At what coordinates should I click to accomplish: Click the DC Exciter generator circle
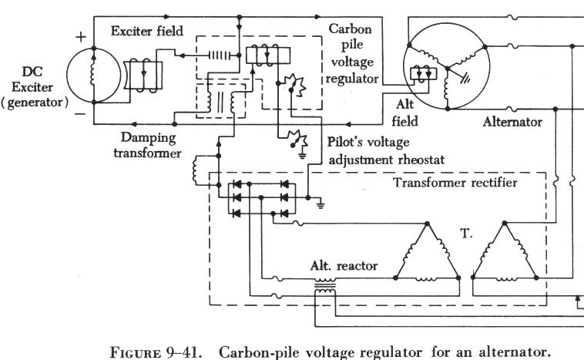[93, 75]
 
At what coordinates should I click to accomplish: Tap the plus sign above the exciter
[80, 35]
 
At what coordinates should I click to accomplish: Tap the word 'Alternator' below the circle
[513, 121]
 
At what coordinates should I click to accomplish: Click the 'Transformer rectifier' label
[455, 183]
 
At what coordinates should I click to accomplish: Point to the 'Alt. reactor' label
[344, 266]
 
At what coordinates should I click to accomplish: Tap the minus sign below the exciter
[80, 113]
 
